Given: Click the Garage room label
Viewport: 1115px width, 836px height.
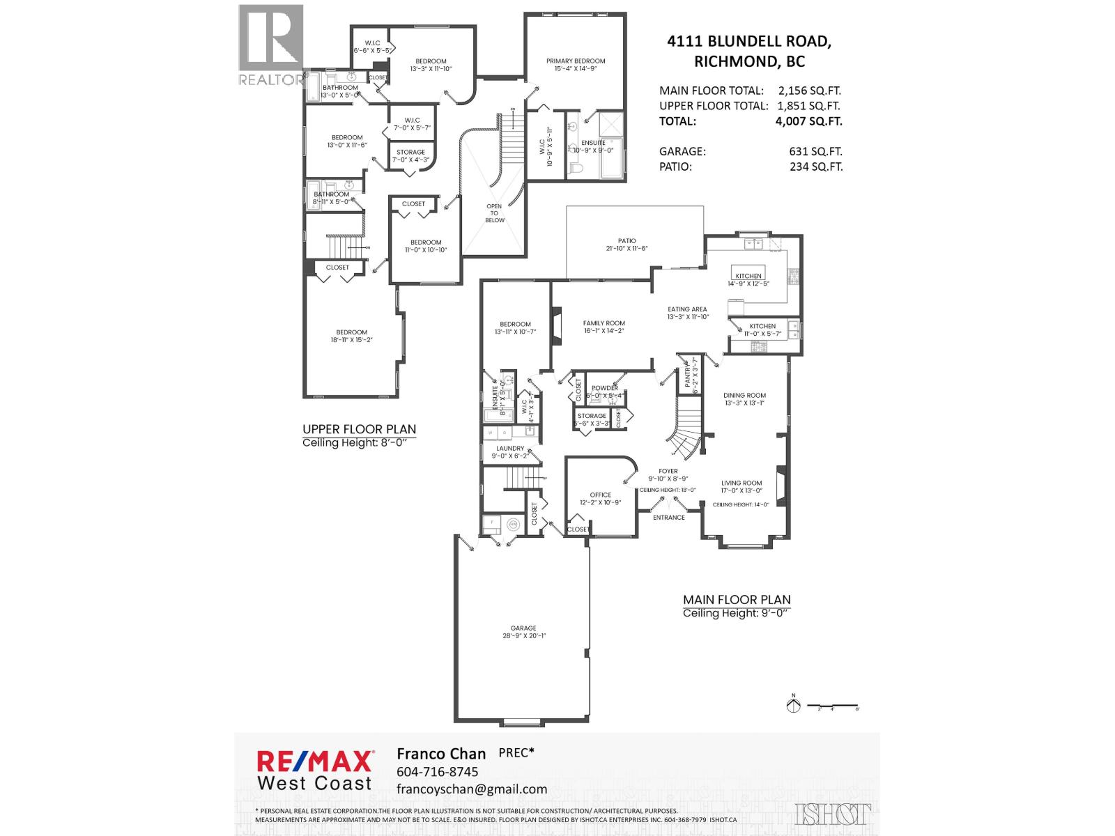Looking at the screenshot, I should [523, 628].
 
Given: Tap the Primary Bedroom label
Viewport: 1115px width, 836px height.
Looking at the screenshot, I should [576, 61].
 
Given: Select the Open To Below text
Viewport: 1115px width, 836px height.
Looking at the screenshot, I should [494, 213].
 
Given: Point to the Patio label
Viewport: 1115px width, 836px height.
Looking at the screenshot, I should [626, 241].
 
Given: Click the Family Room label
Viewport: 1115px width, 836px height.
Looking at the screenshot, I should [603, 323].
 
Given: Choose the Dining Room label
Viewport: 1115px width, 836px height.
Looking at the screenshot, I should [744, 396].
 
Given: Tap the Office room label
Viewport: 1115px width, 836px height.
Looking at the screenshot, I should [600, 495].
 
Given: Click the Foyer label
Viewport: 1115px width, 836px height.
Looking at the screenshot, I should [668, 472].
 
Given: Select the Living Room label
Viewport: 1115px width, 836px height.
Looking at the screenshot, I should [741, 483].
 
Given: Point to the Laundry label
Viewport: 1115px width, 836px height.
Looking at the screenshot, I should [510, 449].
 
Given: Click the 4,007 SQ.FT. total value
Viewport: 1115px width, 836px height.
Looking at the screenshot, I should [808, 121].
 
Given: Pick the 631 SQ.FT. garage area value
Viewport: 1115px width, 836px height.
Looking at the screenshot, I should [815, 151].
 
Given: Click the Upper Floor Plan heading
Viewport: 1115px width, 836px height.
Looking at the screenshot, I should [359, 430].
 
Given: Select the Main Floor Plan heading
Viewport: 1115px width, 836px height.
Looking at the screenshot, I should [737, 600].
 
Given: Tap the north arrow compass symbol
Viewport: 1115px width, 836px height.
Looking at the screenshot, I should [792, 705].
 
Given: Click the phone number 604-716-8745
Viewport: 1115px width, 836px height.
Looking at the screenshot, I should [437, 772].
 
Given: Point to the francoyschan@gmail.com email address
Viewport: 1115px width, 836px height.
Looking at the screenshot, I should [471, 789].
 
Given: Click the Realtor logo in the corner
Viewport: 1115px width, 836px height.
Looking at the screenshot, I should [271, 45].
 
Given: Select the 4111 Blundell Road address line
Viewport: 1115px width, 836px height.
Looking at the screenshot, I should [748, 42].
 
